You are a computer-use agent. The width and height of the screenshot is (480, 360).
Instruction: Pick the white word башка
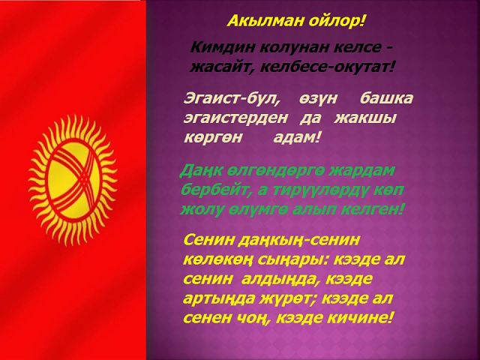pyautogui.click(x=387, y=98)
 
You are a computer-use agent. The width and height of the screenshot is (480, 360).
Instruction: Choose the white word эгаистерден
pyautogui.click(x=235, y=118)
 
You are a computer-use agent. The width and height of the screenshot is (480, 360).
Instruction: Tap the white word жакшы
pyautogui.click(x=365, y=118)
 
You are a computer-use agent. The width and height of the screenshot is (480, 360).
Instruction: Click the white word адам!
pyautogui.click(x=297, y=138)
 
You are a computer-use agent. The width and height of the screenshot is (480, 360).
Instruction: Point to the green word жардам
pyautogui.click(x=361, y=171)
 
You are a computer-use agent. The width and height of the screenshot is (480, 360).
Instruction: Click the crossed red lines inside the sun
pyautogui.click(x=74, y=181)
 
